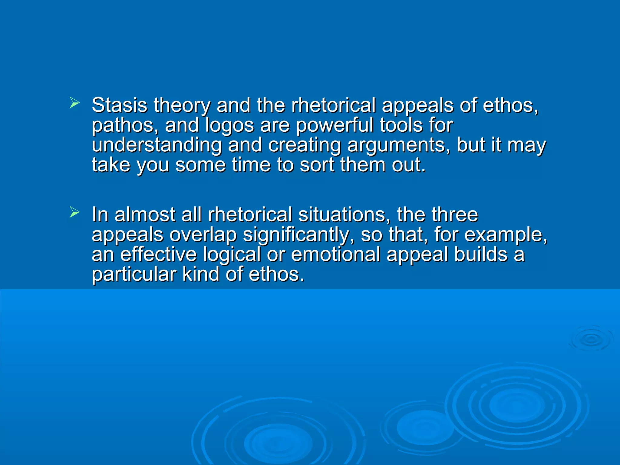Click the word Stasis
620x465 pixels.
click(119, 105)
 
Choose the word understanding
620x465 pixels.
click(157, 145)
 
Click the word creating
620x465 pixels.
click(305, 145)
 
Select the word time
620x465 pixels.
click(251, 165)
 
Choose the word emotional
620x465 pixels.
click(335, 254)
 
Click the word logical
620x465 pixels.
click(232, 255)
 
